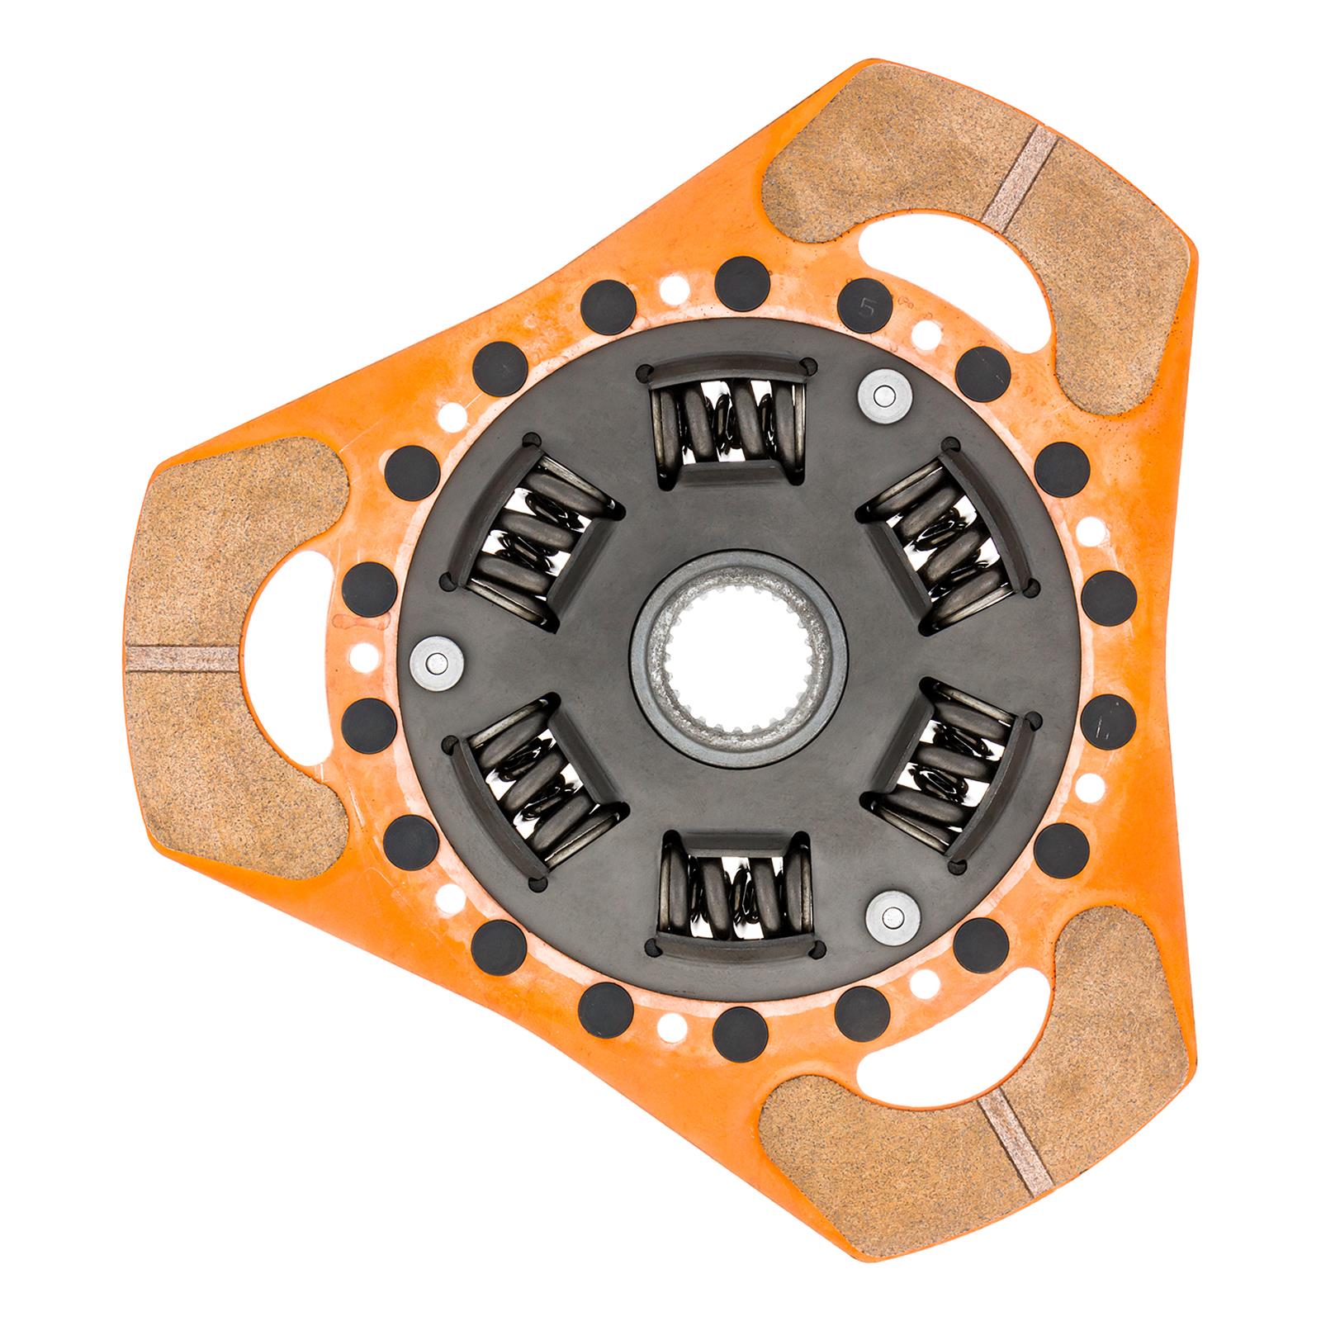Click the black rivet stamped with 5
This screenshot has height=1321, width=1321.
864,308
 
